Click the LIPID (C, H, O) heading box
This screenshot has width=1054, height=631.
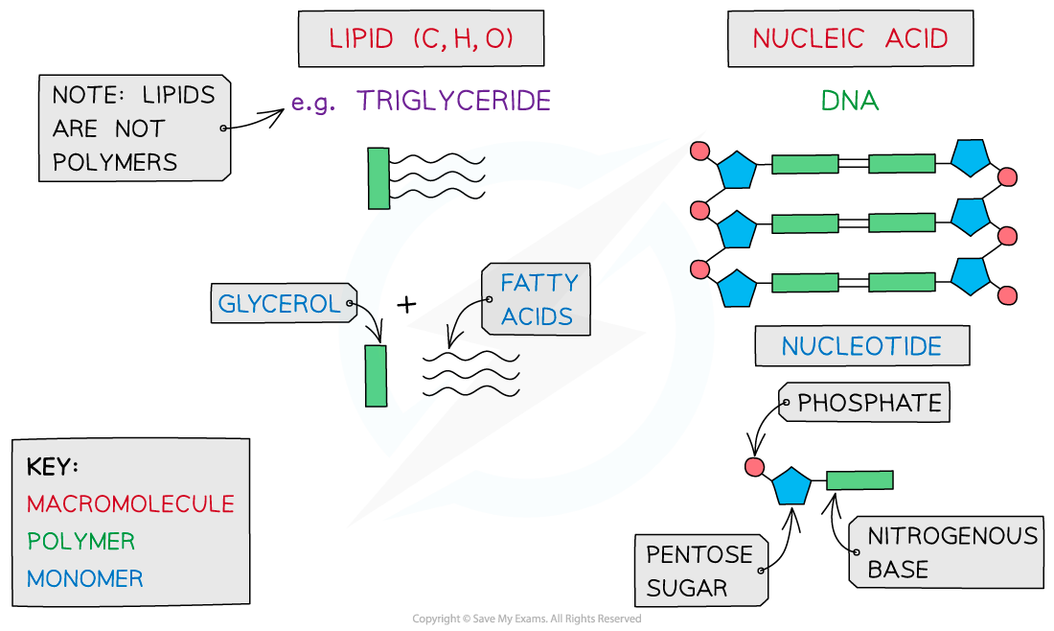421,39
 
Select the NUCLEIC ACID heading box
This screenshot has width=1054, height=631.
850,39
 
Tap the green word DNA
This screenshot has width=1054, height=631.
850,101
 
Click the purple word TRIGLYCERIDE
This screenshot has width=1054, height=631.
453,101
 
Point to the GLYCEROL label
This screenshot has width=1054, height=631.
280,304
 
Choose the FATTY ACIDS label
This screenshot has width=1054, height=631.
538,299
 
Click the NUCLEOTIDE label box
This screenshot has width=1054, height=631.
861,346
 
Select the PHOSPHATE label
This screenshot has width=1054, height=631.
868,403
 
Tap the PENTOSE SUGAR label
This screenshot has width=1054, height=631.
699,571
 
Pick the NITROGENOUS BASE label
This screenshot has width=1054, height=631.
951,552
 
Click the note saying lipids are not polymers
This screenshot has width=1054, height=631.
134,129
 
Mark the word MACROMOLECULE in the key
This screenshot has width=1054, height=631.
130,503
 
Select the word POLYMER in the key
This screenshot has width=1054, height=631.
81,541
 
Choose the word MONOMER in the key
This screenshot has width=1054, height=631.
85,579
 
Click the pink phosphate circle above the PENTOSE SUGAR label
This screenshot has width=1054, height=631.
754,467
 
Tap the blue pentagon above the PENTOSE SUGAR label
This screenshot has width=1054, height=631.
791,487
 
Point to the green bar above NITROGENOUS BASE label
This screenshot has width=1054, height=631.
859,480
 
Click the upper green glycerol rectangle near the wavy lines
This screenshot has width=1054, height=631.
379,178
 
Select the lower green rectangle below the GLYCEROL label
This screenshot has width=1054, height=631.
376,376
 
